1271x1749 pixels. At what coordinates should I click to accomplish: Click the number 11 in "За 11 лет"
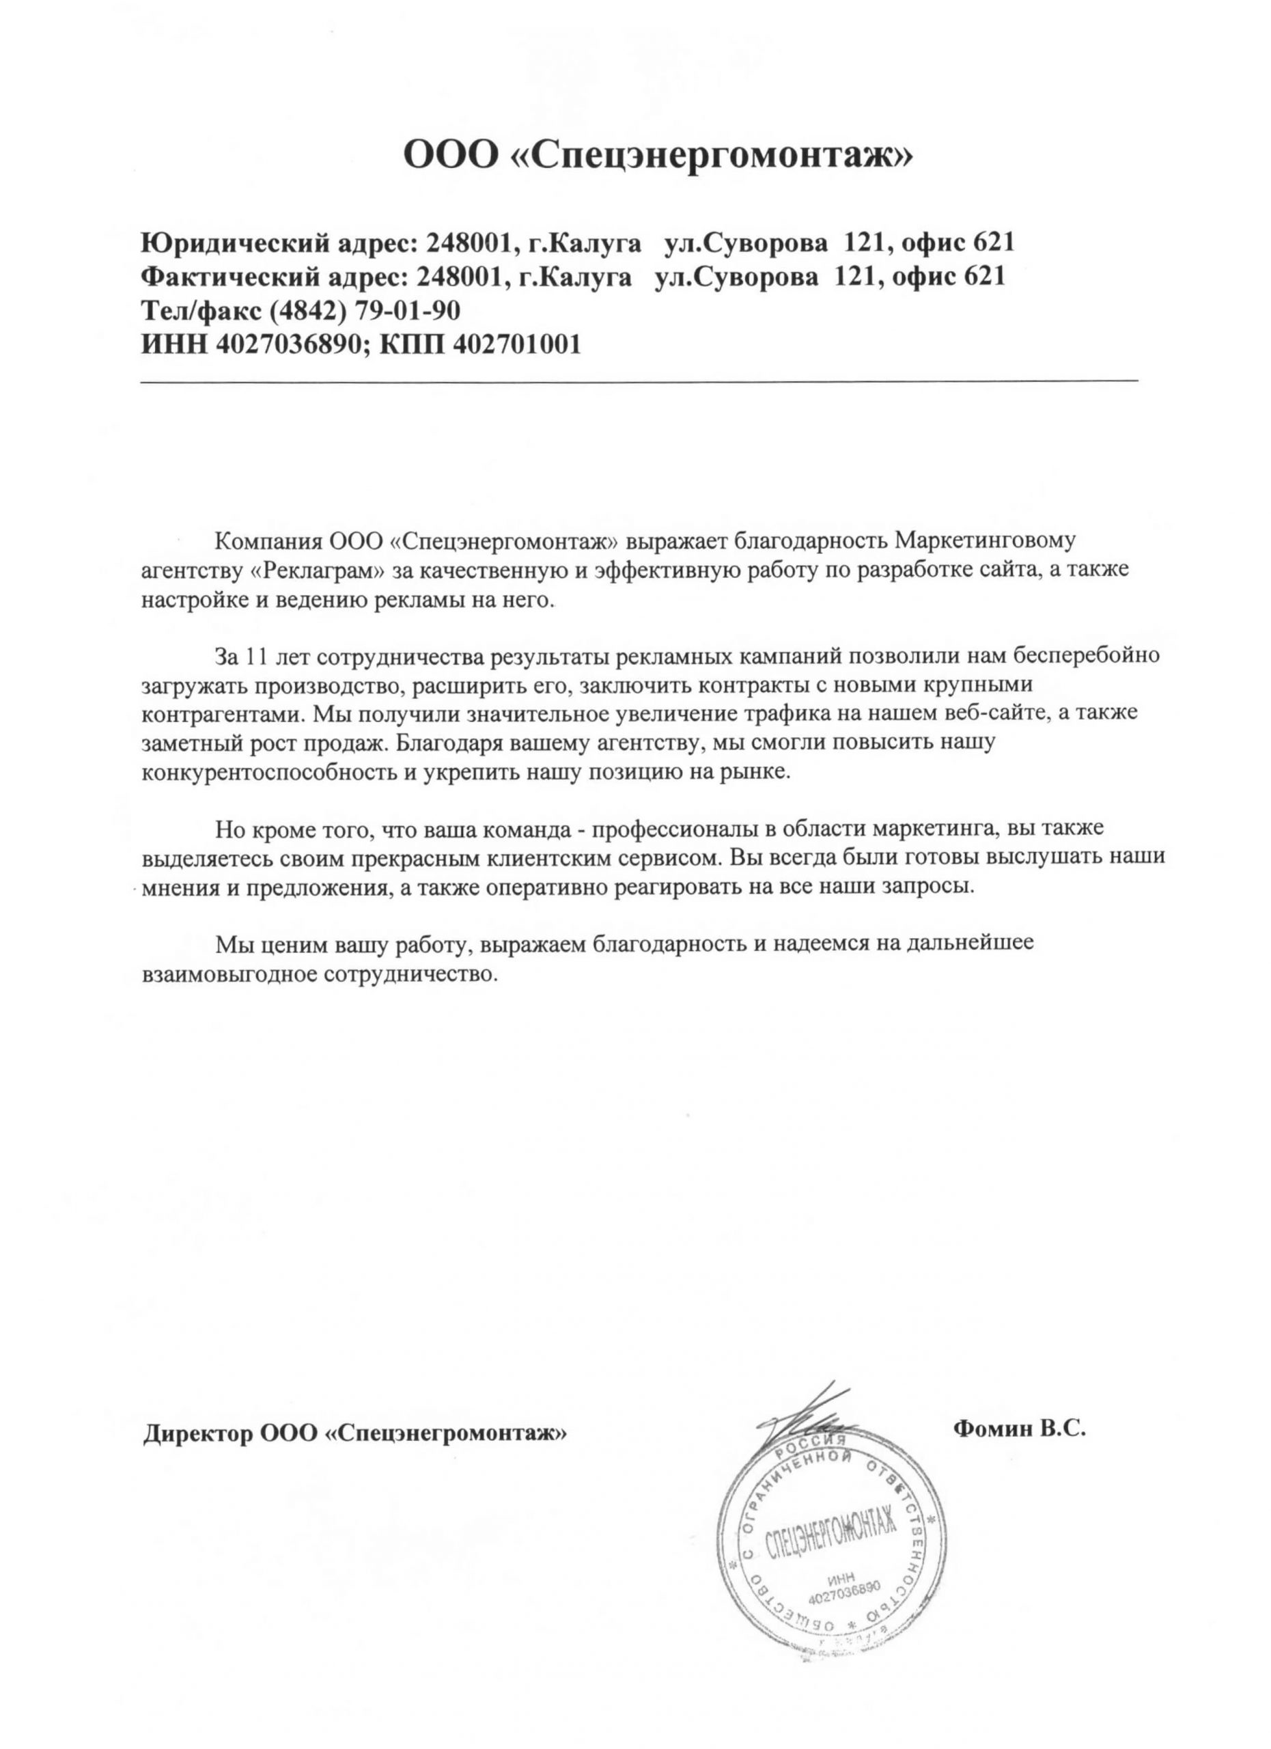coord(253,657)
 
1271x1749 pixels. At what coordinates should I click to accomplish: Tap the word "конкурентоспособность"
coord(269,771)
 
